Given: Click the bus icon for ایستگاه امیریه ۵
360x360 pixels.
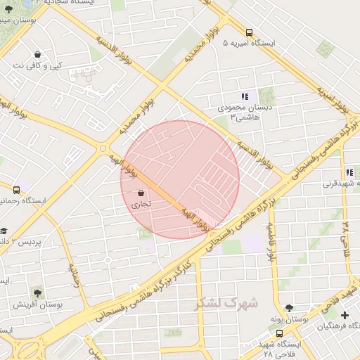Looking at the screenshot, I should pyautogui.click(x=250, y=32).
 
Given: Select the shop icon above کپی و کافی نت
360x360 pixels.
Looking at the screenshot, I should pyautogui.click(x=37, y=55).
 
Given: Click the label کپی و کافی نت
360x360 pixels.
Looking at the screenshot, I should pyautogui.click(x=37, y=66).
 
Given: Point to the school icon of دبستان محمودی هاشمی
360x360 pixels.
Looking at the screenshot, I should pyautogui.click(x=244, y=96).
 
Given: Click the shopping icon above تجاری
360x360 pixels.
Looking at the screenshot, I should pyautogui.click(x=141, y=193).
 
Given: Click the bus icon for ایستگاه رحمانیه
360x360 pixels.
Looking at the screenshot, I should pyautogui.click(x=16, y=189).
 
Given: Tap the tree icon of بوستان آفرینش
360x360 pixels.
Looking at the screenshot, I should pyautogui.click(x=37, y=293).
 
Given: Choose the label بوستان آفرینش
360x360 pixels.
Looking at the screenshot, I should pyautogui.click(x=37, y=305).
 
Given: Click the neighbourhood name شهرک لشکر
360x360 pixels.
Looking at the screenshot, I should pyautogui.click(x=226, y=304).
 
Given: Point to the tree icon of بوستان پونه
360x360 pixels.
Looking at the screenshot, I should pyautogui.click(x=288, y=308).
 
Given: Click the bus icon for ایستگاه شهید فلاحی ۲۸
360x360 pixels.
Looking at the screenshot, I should pyautogui.click(x=280, y=333).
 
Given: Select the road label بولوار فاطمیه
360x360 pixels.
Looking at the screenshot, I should pyautogui.click(x=270, y=243).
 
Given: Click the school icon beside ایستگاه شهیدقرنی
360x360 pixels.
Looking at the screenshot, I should pyautogui.click(x=349, y=172).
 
